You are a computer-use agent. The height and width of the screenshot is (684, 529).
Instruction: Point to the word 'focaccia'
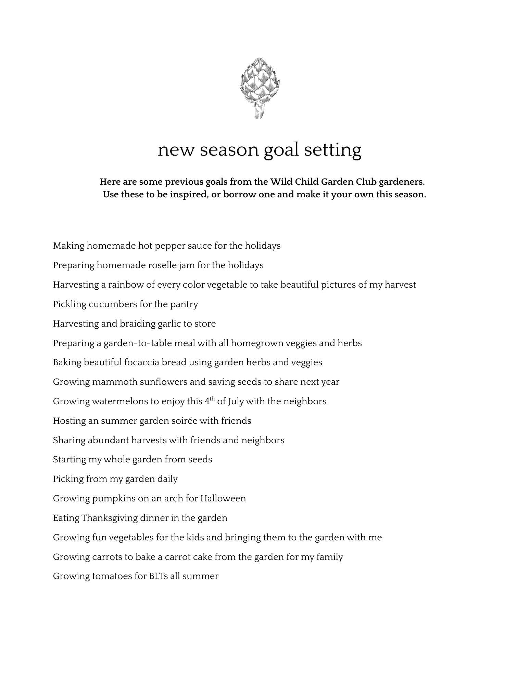click(141, 362)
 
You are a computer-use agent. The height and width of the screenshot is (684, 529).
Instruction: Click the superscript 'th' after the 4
click(212, 398)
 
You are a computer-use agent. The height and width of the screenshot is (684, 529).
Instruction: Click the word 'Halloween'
click(223, 498)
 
